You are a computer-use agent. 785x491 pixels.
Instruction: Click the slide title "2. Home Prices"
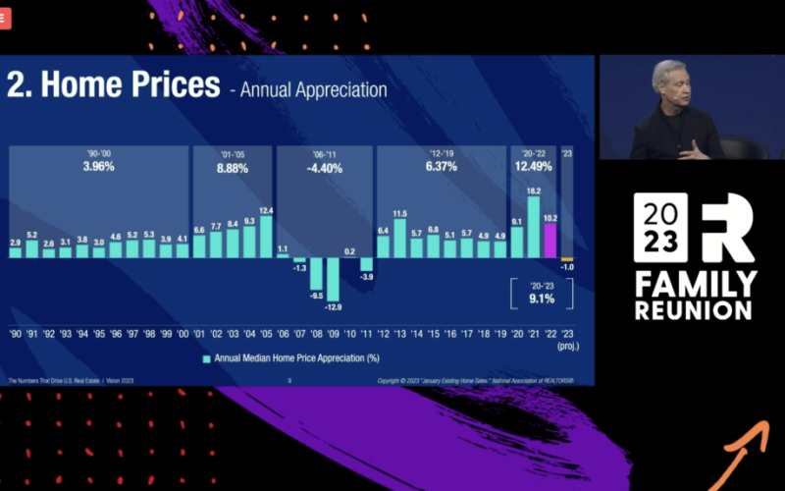tap(114, 84)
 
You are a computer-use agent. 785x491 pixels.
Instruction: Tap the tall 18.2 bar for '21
tap(534, 228)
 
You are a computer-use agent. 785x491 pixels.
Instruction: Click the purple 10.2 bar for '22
tap(550, 241)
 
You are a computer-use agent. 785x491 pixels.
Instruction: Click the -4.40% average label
tap(324, 168)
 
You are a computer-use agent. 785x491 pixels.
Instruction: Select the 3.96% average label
tap(99, 167)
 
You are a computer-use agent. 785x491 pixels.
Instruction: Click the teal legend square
tap(207, 358)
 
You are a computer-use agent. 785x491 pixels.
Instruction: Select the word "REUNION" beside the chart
tap(693, 310)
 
